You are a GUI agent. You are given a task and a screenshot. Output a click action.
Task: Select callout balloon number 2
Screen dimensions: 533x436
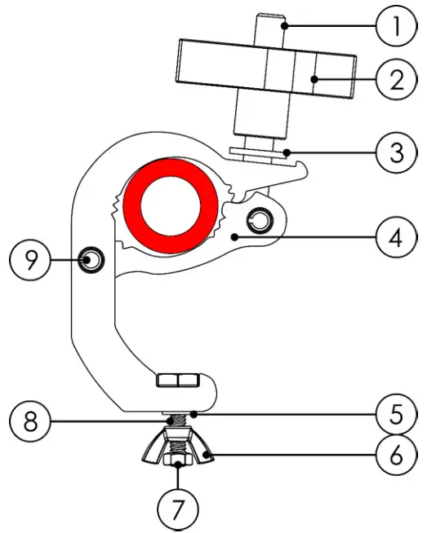396,81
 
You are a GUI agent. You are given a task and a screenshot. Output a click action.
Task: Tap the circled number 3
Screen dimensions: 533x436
396,152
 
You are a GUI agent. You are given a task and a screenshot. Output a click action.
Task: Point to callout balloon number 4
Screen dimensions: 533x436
396,238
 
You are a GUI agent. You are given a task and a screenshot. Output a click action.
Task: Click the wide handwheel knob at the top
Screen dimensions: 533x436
265,73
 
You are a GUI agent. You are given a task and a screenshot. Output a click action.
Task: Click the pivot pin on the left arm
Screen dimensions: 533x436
91,261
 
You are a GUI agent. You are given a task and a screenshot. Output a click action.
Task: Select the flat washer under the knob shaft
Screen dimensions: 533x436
259,151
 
